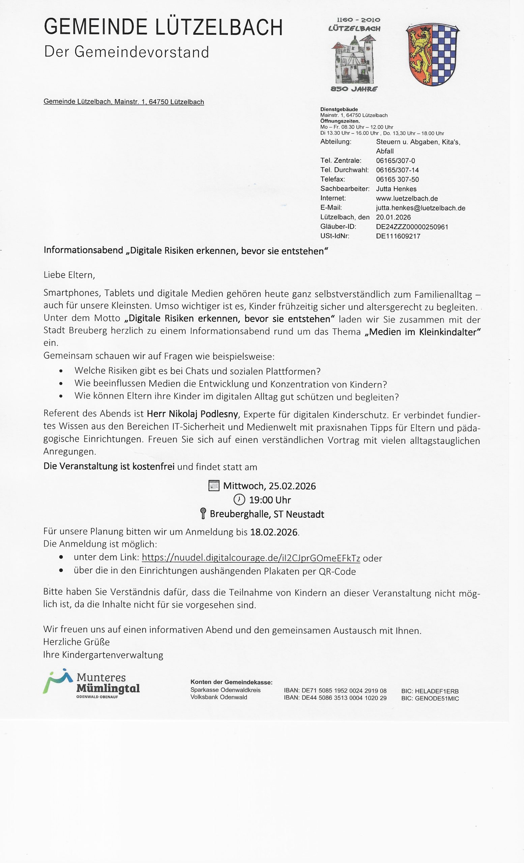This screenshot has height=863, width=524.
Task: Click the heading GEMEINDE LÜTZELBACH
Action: click(163, 27)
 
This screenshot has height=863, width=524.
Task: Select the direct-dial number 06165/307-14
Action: click(397, 170)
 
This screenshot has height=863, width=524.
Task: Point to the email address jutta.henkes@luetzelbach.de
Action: click(420, 208)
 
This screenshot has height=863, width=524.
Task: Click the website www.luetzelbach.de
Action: click(407, 199)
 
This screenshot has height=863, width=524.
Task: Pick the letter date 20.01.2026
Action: click(393, 217)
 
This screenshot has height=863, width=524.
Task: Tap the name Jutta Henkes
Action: click(396, 189)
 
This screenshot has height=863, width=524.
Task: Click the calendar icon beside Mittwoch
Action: click(214, 485)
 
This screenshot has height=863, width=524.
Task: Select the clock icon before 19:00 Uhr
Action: click(239, 500)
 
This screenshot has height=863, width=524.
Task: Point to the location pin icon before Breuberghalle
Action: click(203, 513)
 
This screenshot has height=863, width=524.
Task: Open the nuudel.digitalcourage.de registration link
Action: click(251, 558)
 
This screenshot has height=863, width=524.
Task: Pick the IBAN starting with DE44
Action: click(335, 698)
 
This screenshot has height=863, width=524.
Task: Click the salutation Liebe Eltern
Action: click(69, 275)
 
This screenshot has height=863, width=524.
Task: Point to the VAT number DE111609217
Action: click(398, 236)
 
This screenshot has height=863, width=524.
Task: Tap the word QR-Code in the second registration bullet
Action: click(337, 572)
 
